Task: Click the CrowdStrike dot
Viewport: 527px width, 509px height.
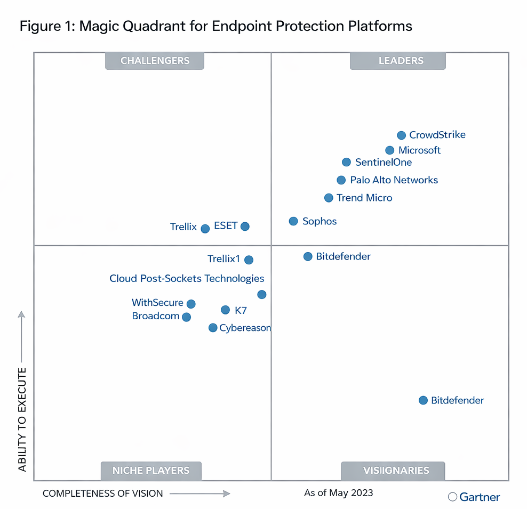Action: [401, 135]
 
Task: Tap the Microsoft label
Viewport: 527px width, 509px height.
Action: [419, 150]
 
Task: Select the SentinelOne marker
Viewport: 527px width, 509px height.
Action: [346, 162]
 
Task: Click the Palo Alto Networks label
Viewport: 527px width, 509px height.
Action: [394, 180]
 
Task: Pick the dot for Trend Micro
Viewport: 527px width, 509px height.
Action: [329, 198]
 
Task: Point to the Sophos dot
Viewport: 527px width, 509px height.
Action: [293, 221]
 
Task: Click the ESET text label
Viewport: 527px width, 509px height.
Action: [226, 225]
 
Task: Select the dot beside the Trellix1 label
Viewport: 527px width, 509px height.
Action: [249, 260]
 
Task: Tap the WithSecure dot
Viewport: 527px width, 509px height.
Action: [191, 304]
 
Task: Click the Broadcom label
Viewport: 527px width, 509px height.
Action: [156, 316]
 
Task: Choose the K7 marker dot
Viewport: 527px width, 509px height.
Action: [225, 310]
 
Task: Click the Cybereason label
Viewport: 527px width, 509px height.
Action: [245, 328]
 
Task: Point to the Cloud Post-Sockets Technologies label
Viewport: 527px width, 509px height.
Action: [187, 278]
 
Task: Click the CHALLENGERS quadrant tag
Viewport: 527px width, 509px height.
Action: [155, 61]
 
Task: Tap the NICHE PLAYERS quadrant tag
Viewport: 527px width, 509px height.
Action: [151, 471]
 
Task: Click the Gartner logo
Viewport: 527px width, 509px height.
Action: [474, 497]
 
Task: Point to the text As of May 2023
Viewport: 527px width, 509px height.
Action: [338, 492]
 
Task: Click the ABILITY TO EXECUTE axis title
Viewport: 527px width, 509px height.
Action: [22, 419]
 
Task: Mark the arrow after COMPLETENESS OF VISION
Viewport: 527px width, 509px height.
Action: [199, 494]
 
